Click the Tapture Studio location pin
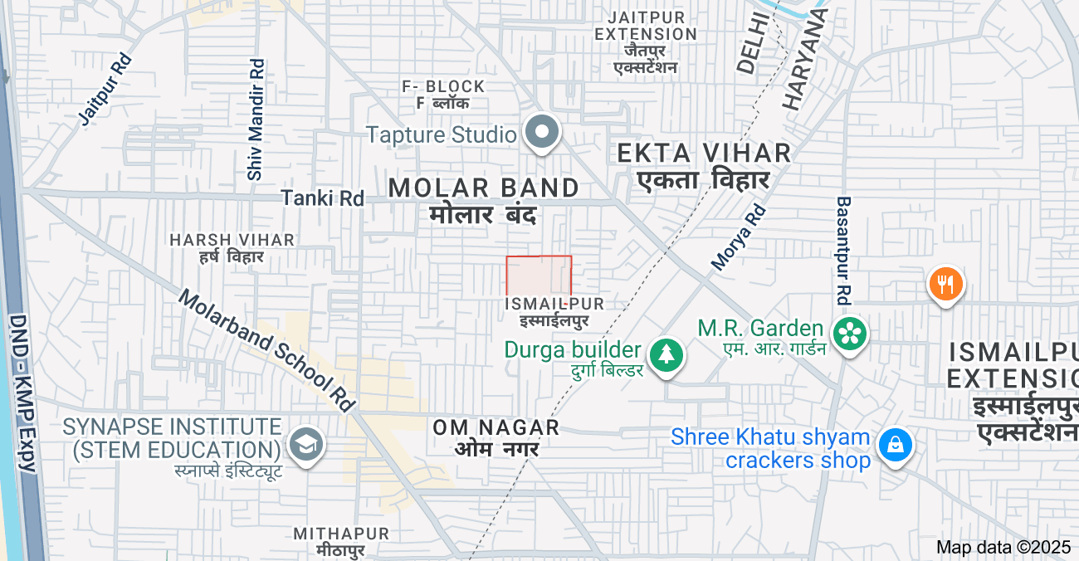click(x=543, y=133)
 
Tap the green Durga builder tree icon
click(x=666, y=354)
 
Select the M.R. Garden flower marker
click(x=849, y=334)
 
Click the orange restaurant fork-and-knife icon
click(x=945, y=285)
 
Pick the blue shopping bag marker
click(x=896, y=445)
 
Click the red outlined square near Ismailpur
click(x=539, y=276)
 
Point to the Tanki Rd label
click(x=323, y=198)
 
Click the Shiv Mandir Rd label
click(x=256, y=119)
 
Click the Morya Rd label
click(x=739, y=237)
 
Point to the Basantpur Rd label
click(x=844, y=249)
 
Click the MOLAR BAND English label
click(x=484, y=188)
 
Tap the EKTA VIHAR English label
click(x=704, y=153)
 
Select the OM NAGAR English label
click(x=496, y=428)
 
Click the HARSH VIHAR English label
click(x=232, y=240)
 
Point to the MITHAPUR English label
click(x=341, y=533)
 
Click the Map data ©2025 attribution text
click(x=1003, y=547)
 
